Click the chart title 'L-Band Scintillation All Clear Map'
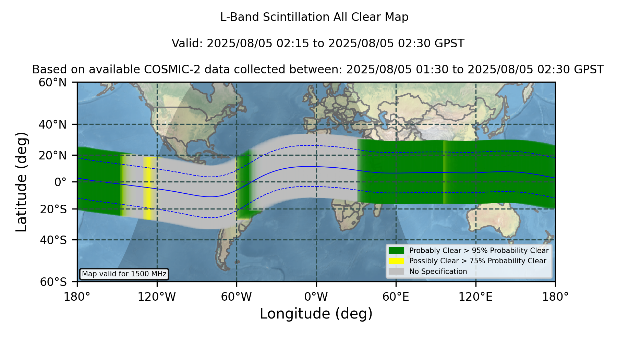tap(314, 17)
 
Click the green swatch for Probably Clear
tap(397, 251)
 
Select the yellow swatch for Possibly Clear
tap(397, 261)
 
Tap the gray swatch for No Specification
tap(397, 272)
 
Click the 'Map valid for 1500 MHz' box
tap(124, 274)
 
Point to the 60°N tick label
tap(52, 82)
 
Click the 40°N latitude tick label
tap(52, 124)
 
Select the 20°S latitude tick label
tap(53, 209)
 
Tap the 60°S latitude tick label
tap(53, 282)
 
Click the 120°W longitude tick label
tap(157, 297)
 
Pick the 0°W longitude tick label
tap(316, 297)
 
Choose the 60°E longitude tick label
tap(396, 297)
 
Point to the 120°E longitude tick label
tap(475, 297)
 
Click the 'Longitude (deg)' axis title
tap(316, 314)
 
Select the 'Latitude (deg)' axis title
tap(21, 182)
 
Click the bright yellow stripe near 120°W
tap(147, 188)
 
